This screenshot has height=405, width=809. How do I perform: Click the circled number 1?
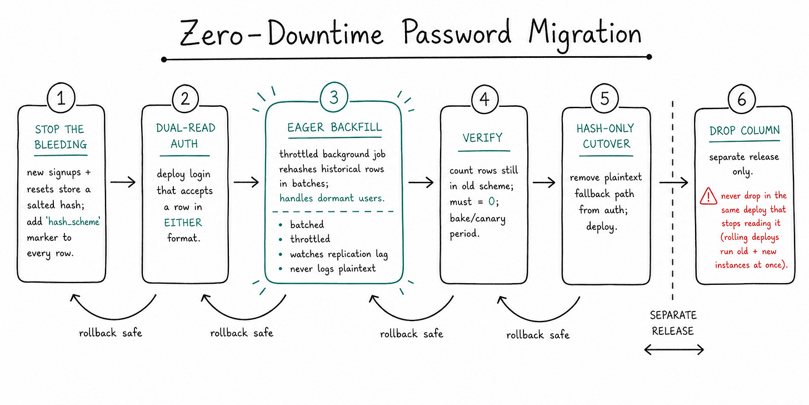[61, 98]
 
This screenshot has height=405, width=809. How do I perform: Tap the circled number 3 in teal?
[334, 97]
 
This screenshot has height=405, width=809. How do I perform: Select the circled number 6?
[741, 99]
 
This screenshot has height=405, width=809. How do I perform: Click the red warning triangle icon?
[708, 196]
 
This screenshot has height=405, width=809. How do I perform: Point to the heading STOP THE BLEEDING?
[61, 137]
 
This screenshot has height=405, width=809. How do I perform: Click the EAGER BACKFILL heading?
[334, 127]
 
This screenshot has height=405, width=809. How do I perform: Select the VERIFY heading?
[482, 138]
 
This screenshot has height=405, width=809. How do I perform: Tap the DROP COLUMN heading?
[745, 130]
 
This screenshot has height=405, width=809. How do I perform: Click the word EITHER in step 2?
[183, 223]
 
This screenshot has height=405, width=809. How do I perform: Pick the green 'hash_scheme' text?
[73, 221]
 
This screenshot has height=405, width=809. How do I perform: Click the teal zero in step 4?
[492, 201]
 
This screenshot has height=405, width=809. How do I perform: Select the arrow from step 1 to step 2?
[123, 182]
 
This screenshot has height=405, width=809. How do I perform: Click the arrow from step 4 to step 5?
[544, 182]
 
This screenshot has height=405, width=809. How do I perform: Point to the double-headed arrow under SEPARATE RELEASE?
[674, 350]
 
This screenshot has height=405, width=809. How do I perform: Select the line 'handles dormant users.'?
[332, 198]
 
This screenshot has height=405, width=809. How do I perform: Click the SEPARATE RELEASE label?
[673, 323]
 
